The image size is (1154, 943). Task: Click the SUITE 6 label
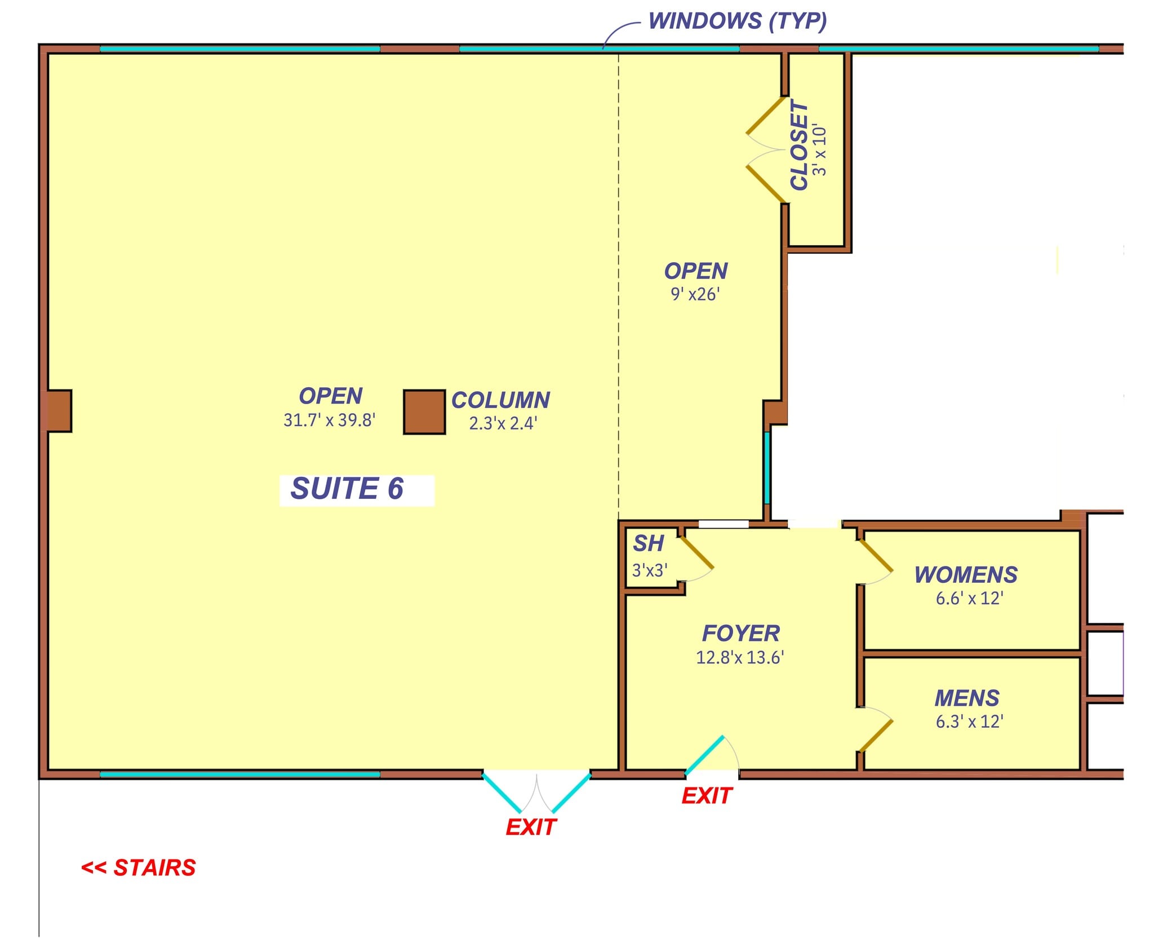pyautogui.click(x=347, y=489)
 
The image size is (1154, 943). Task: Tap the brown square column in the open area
pyautogui.click(x=424, y=412)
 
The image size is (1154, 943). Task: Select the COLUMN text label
pyautogui.click(x=500, y=400)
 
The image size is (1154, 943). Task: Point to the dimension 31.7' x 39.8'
pyautogui.click(x=330, y=420)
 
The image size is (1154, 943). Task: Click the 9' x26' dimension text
pyautogui.click(x=695, y=294)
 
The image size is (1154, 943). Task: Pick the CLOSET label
pyautogui.click(x=799, y=145)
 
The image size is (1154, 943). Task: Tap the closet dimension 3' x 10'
pyautogui.click(x=820, y=150)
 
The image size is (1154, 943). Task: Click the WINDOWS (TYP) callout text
pyautogui.click(x=737, y=21)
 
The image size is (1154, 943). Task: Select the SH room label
pyautogui.click(x=649, y=543)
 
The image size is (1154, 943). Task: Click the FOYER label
pyautogui.click(x=740, y=634)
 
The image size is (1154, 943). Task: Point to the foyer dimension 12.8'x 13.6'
pyautogui.click(x=740, y=658)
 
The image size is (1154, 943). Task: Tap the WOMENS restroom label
pyautogui.click(x=966, y=575)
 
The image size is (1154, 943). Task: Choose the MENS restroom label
pyautogui.click(x=967, y=698)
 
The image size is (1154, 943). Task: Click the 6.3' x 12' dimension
pyautogui.click(x=969, y=722)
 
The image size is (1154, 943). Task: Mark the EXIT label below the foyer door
pyautogui.click(x=707, y=796)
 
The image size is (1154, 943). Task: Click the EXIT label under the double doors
pyautogui.click(x=531, y=827)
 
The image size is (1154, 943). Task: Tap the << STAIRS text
pyautogui.click(x=139, y=868)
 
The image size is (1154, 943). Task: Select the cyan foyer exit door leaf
pyautogui.click(x=704, y=755)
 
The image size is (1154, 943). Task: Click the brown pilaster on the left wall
pyautogui.click(x=57, y=411)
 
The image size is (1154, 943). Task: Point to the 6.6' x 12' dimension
pyautogui.click(x=969, y=599)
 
